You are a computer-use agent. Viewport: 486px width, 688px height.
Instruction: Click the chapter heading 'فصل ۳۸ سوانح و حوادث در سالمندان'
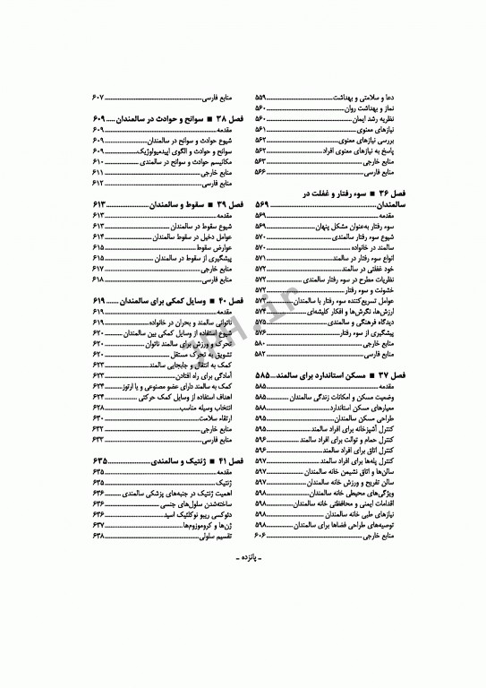pos(175,119)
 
